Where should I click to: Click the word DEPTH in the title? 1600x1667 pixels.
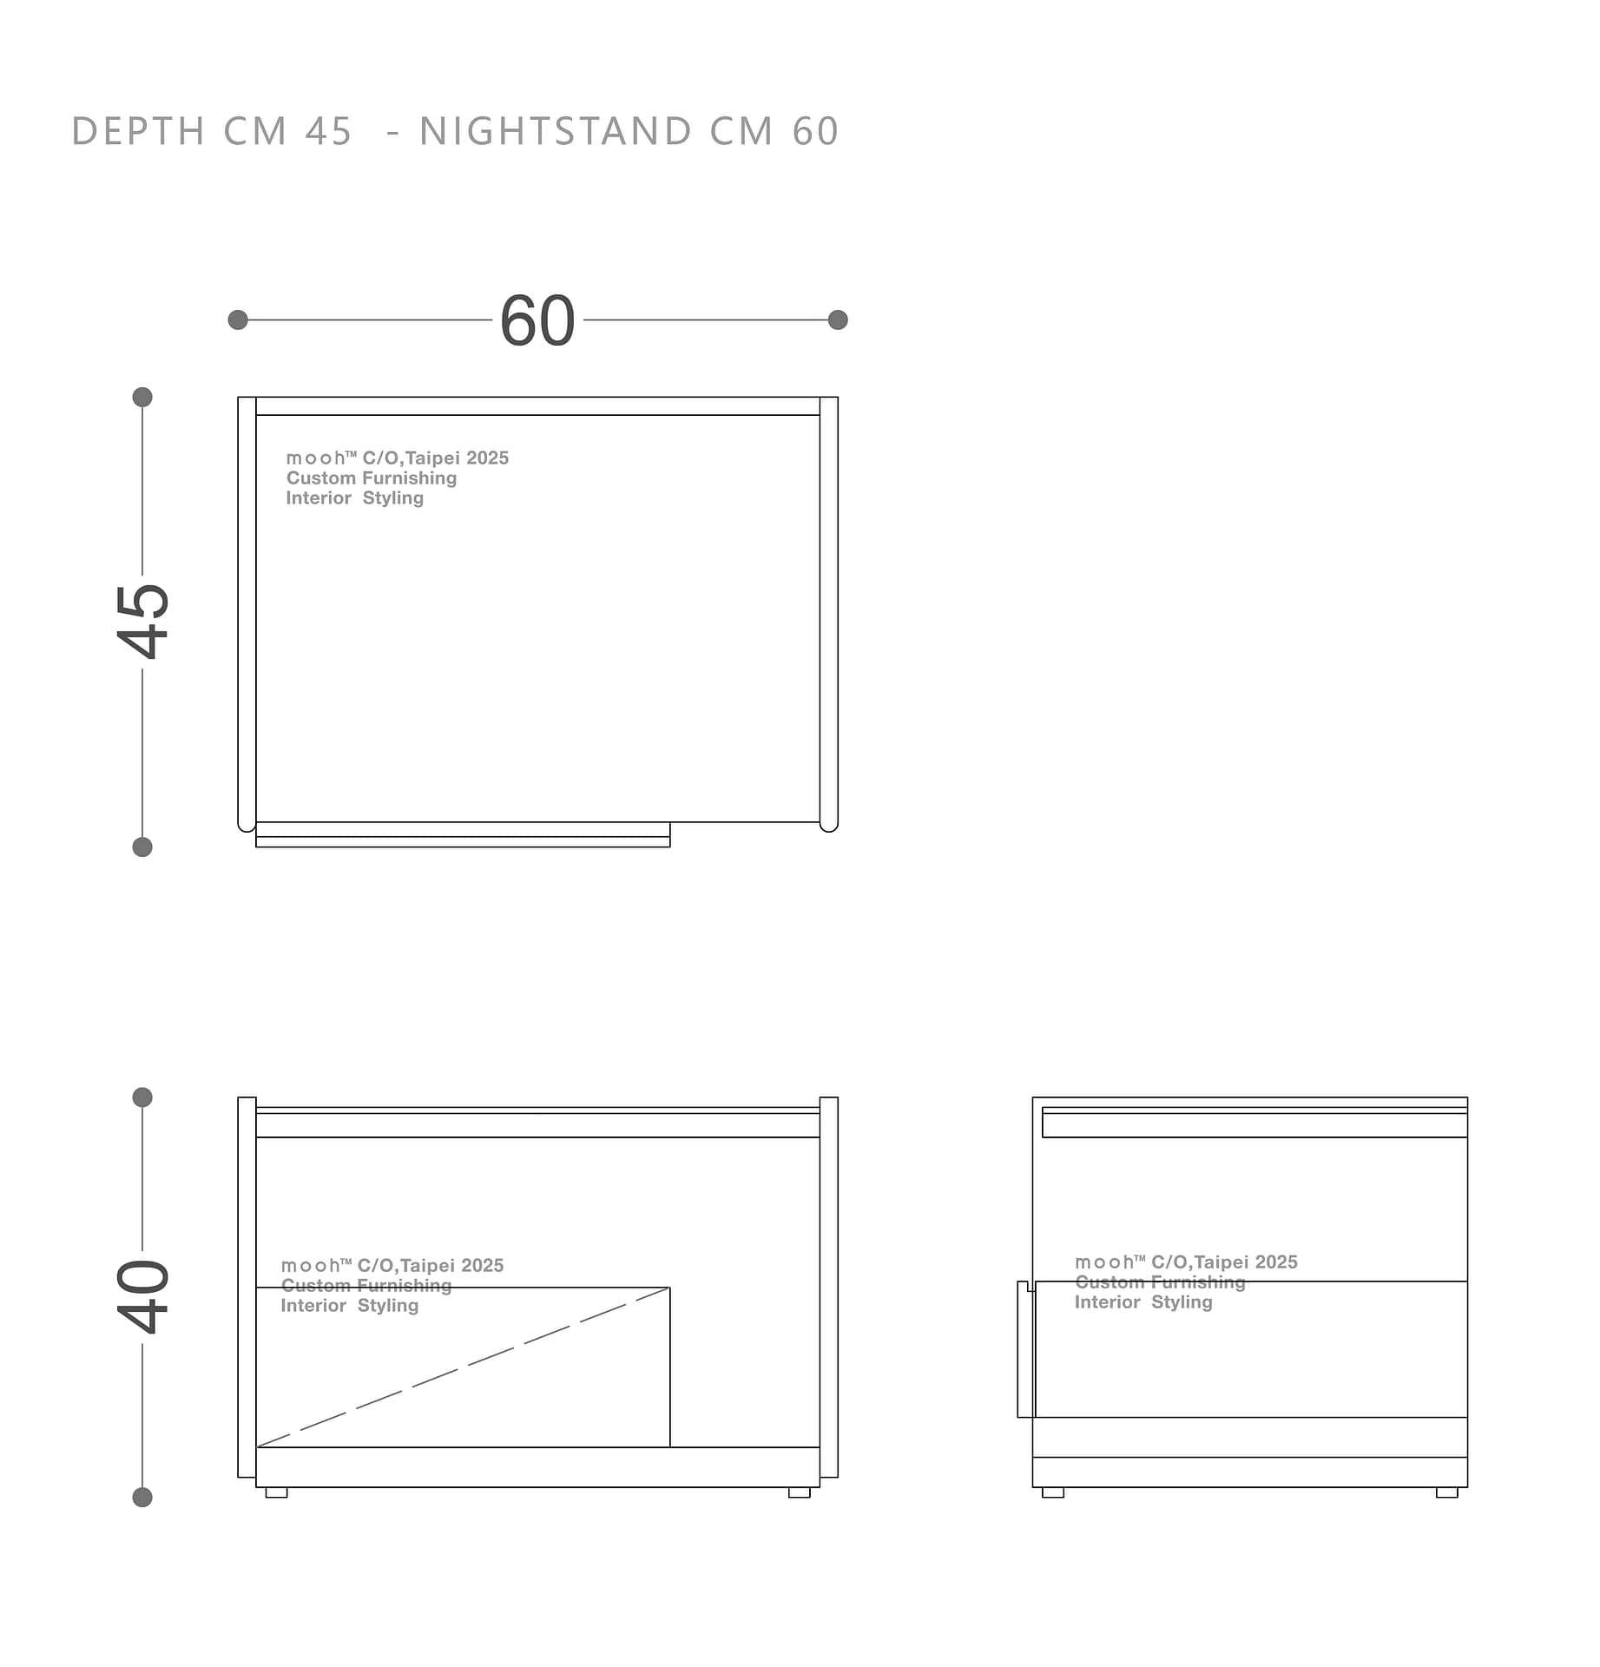[x=138, y=131]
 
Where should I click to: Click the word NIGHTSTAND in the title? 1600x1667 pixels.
[x=556, y=131]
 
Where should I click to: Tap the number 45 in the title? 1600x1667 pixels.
[x=328, y=131]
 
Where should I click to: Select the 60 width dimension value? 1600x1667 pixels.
[x=537, y=320]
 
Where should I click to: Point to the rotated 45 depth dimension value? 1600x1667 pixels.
[x=143, y=622]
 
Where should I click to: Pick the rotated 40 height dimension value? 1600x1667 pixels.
[x=143, y=1296]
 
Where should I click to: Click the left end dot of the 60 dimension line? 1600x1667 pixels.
[x=238, y=320]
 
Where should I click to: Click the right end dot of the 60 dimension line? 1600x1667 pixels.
[x=838, y=320]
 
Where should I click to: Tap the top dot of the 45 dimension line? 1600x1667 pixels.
[x=142, y=398]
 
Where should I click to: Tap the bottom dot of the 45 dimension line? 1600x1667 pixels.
[x=142, y=847]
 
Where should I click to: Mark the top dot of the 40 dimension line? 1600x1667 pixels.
[x=142, y=1097]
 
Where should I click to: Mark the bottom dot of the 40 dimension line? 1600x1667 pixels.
[x=142, y=1498]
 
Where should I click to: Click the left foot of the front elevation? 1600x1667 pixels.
[x=276, y=1492]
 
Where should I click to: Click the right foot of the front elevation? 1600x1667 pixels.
[x=800, y=1492]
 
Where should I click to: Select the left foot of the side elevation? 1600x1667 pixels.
[x=1053, y=1492]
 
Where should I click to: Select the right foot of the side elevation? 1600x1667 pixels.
[x=1447, y=1492]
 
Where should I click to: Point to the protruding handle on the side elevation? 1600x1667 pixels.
[x=1025, y=1349]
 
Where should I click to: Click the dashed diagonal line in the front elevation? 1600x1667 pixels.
[x=464, y=1367]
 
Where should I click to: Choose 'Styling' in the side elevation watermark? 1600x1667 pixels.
[x=1182, y=1302]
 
